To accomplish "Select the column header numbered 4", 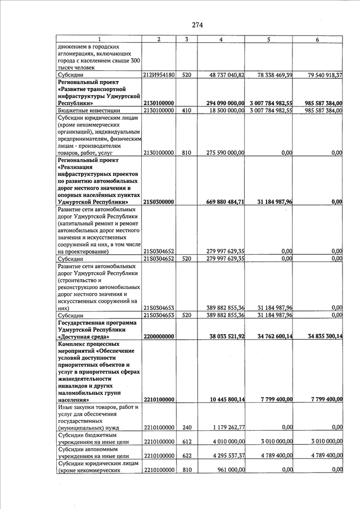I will pyautogui.click(x=220, y=39).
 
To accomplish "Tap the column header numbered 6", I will pyautogui.click(x=318, y=39).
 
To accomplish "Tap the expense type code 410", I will pyautogui.click(x=186, y=111).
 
